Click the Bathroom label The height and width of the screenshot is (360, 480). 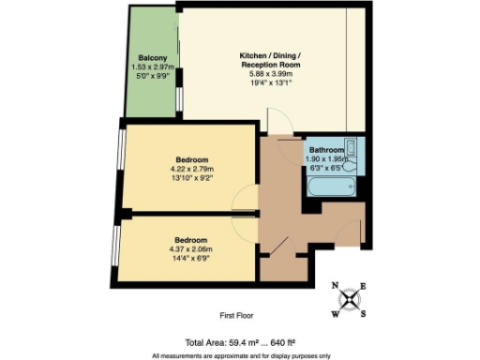[328, 149]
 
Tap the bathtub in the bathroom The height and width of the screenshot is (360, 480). [329, 187]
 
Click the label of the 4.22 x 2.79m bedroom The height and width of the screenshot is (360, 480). [190, 160]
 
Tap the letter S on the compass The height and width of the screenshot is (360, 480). [363, 313]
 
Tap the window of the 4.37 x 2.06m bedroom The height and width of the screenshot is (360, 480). [115, 246]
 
